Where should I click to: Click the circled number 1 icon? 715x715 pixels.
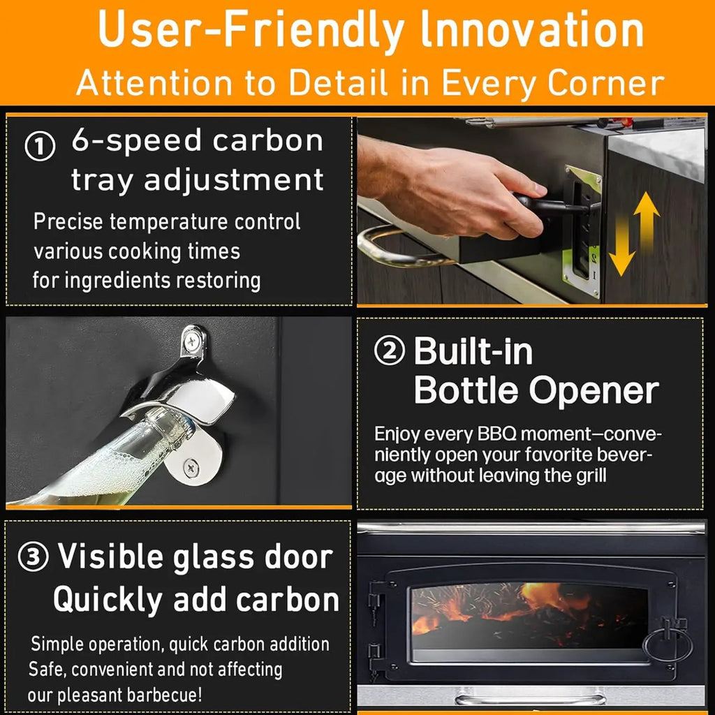tap(40, 147)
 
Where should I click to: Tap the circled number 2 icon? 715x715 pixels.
tap(390, 351)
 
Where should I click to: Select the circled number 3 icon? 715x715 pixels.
tap(33, 556)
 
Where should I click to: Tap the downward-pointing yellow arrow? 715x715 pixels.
tap(621, 246)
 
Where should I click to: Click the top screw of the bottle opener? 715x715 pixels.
tap(192, 340)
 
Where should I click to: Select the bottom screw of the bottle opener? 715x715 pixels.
tap(191, 468)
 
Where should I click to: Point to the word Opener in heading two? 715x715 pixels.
tap(594, 391)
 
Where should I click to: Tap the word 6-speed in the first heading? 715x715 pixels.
tap(136, 141)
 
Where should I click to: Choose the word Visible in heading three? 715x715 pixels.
tap(110, 556)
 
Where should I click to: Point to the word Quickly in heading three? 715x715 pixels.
tap(108, 600)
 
